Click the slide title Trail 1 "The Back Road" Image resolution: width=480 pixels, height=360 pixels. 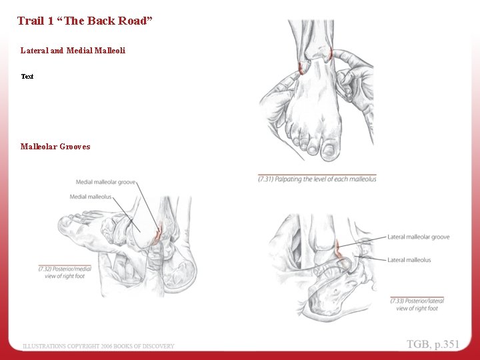[85, 21]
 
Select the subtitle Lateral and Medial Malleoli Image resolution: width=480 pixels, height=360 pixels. [73, 50]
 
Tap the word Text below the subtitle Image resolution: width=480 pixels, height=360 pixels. [27, 76]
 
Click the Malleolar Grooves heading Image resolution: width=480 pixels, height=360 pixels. [55, 147]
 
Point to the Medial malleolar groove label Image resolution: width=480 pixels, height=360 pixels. [106, 182]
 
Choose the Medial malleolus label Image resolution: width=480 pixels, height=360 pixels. [90, 197]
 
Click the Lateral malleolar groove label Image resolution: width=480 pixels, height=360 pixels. [418, 237]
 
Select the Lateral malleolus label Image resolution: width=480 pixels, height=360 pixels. [409, 260]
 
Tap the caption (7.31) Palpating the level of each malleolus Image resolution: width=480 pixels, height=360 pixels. [317, 179]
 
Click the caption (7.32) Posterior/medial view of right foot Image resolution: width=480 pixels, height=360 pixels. [65, 272]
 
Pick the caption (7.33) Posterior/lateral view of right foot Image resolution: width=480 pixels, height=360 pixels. [417, 305]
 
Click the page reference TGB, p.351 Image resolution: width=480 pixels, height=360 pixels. [433, 344]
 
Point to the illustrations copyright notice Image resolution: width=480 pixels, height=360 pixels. [99, 346]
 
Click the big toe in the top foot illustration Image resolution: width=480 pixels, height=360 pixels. [330, 150]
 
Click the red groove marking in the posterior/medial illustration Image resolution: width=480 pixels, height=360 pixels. [158, 233]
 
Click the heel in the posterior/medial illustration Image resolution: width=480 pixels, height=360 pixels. [183, 270]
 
